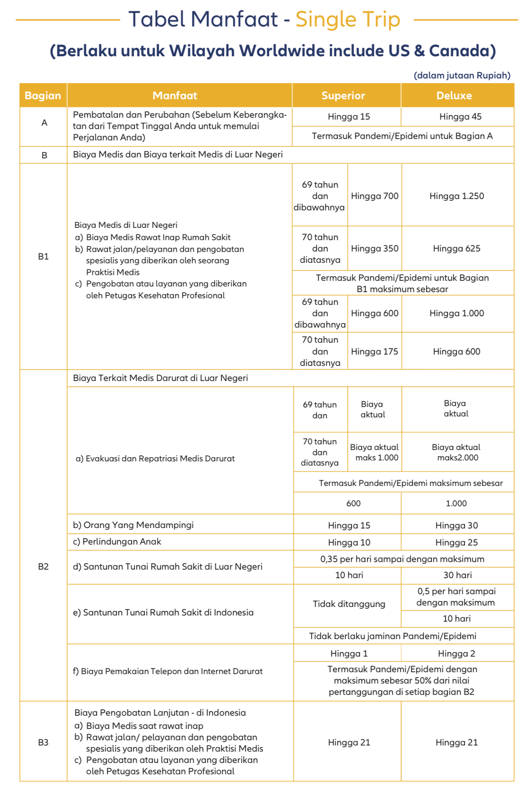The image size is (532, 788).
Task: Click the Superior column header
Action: pos(343,95)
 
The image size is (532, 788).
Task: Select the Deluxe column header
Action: pos(454,95)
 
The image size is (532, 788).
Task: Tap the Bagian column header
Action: pos(43,95)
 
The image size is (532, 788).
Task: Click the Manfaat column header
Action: pos(174,95)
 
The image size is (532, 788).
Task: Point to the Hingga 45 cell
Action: pos(460,117)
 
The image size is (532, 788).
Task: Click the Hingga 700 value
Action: pos(375,196)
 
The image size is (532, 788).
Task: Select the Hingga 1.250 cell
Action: pos(456,196)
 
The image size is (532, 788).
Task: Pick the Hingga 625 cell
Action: pos(456,249)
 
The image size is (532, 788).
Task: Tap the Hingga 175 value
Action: pos(375,352)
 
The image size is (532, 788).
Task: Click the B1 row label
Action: pos(43,257)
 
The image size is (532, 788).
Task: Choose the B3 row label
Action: pos(43,743)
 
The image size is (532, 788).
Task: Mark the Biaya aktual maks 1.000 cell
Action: pos(375,452)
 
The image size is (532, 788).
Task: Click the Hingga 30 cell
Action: pos(456,526)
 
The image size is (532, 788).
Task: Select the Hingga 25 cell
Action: pos(456,543)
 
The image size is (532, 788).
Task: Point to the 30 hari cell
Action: pos(457,575)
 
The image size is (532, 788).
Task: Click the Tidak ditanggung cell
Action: pos(349,604)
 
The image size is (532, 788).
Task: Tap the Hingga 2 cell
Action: pos(456,654)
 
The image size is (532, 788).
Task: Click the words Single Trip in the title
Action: pos(348,20)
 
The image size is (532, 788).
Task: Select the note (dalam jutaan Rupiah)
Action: pos(462,76)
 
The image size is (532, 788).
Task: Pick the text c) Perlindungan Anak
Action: pos(117,542)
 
